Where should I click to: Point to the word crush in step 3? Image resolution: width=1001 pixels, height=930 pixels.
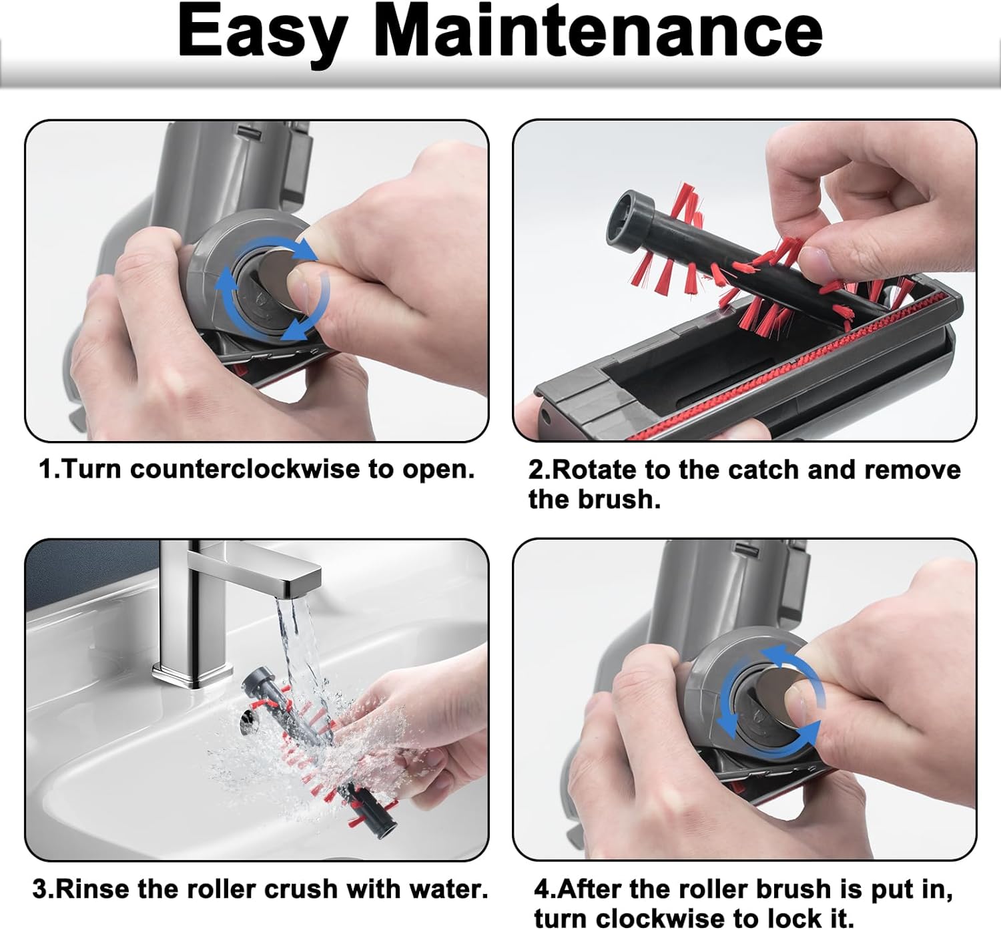300,889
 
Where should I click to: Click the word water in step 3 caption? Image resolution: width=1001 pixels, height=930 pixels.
448,889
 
